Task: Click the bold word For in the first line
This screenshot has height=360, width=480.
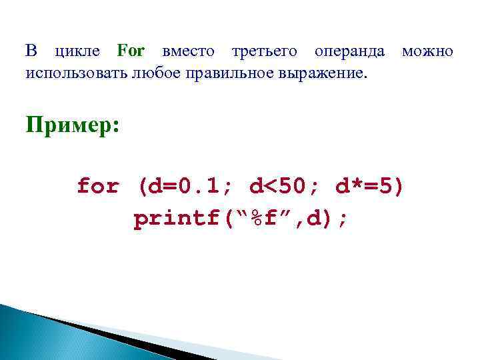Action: pyautogui.click(x=131, y=51)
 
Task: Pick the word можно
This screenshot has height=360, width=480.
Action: pyautogui.click(x=427, y=51)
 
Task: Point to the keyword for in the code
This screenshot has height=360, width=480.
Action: pyautogui.click(x=98, y=186)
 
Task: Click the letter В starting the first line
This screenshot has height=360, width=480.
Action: pyautogui.click(x=31, y=51)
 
